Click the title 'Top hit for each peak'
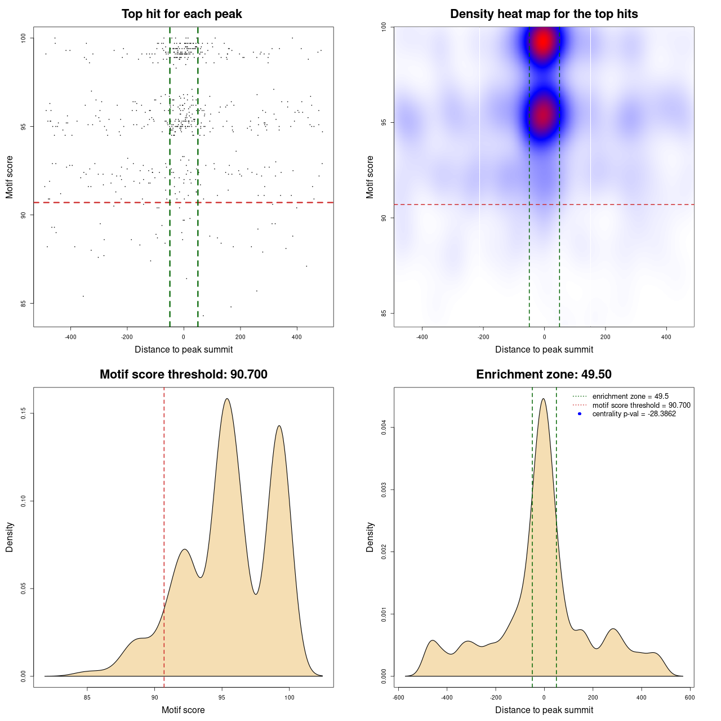181,14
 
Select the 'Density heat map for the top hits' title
544,14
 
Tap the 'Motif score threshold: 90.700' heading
183,375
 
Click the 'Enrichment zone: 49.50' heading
544,375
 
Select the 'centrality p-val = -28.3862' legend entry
634,414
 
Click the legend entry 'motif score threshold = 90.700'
641,406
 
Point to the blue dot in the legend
580,414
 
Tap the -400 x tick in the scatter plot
70,337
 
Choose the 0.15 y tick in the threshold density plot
23,413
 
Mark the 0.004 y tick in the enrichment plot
384,428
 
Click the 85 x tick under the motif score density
87,697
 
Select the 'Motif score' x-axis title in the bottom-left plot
183,710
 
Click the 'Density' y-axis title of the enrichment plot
370,537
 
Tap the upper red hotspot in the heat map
543,41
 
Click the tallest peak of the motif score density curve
226,399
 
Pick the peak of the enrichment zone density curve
543,399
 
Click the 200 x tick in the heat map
605,337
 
